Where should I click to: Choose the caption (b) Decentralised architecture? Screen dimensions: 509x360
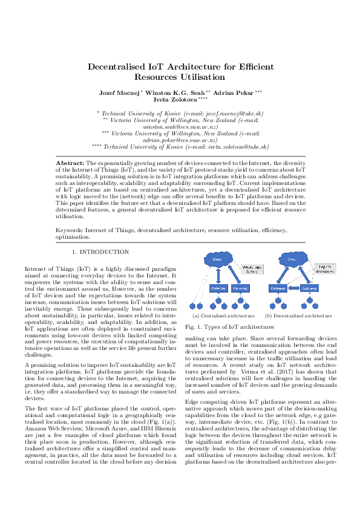298,315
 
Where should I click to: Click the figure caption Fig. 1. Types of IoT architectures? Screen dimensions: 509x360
220,326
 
